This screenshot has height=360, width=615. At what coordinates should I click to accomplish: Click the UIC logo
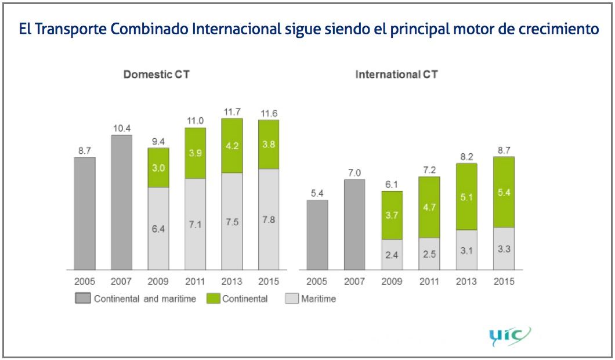pyautogui.click(x=509, y=336)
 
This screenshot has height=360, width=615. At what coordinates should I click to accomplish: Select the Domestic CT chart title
pyautogui.click(x=156, y=74)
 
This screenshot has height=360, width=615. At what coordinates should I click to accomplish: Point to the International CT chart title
pyautogui.click(x=396, y=74)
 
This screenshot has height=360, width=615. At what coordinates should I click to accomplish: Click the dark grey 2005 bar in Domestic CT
pyautogui.click(x=84, y=213)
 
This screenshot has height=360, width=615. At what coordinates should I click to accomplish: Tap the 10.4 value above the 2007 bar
pyautogui.click(x=121, y=128)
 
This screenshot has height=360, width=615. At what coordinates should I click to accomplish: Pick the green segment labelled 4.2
pyautogui.click(x=232, y=145)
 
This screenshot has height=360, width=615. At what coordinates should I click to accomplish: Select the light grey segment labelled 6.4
pyautogui.click(x=158, y=228)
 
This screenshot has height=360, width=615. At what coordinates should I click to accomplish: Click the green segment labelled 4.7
pyautogui.click(x=428, y=207)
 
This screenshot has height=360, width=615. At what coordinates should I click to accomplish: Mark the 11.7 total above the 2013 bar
pyautogui.click(x=232, y=111)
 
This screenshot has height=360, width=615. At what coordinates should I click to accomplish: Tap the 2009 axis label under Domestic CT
pyautogui.click(x=158, y=282)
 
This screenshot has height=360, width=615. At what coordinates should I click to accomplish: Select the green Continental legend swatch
pyautogui.click(x=213, y=299)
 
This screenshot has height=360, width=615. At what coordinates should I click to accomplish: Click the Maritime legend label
pyautogui.click(x=319, y=299)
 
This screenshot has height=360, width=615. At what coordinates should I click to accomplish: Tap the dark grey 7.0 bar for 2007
pyautogui.click(x=354, y=224)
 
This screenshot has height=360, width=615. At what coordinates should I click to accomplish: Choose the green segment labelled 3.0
pyautogui.click(x=158, y=167)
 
